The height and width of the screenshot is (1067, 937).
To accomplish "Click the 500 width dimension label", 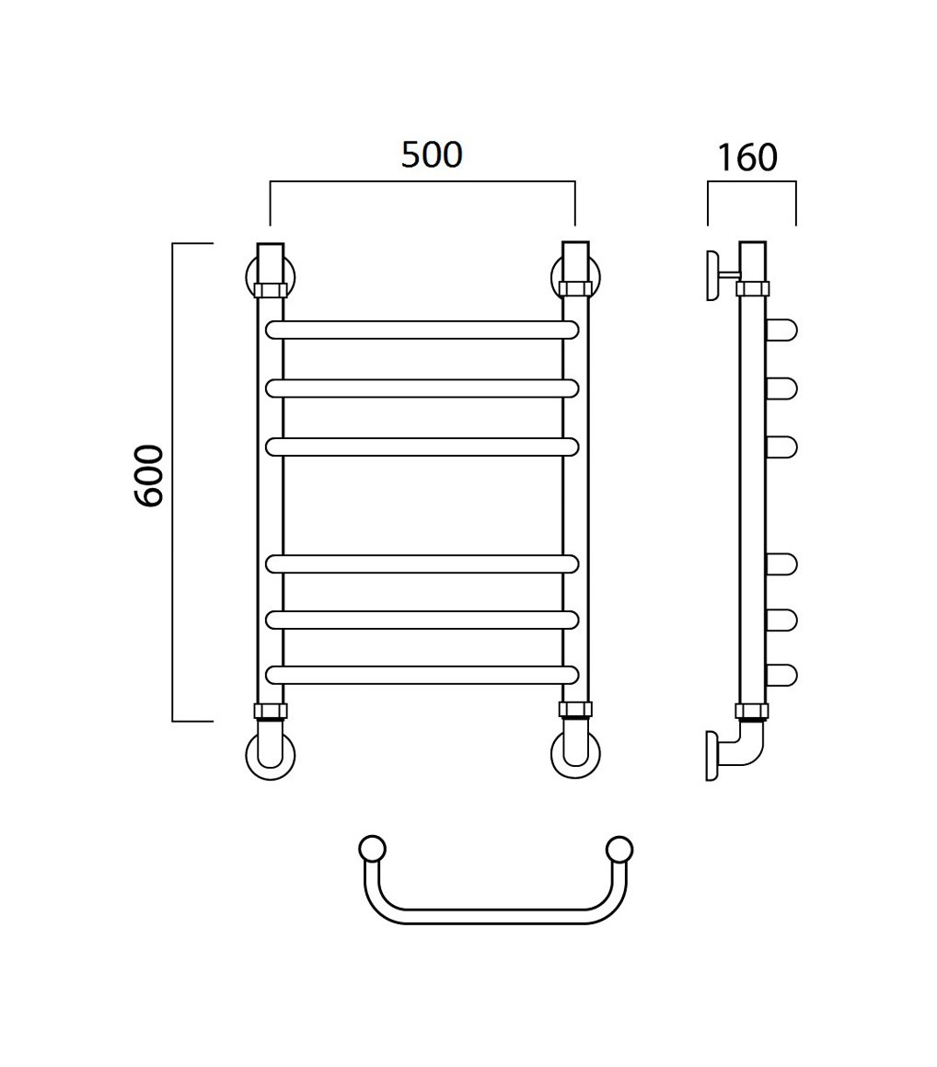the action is point(432,156).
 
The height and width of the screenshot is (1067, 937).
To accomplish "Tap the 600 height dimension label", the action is point(149,476).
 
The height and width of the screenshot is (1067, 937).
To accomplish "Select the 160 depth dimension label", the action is point(747,157).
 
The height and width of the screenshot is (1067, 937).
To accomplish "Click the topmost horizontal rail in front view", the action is point(422,330).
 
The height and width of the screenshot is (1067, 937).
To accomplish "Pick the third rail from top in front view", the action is point(422,447).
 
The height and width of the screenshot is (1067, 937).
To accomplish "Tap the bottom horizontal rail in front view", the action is point(422,675).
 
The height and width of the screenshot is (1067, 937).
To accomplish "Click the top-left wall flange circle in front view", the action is point(249,276).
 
